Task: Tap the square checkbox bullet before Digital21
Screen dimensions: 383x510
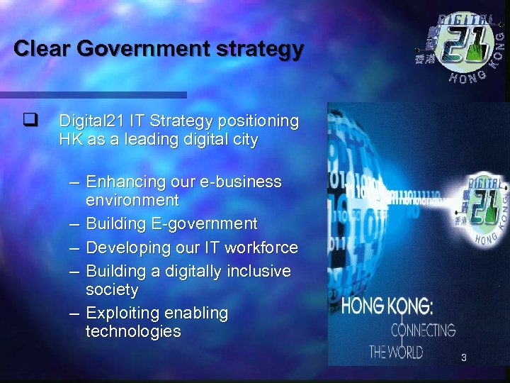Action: pos(29,121)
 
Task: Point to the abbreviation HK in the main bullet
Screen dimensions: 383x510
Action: pos(72,140)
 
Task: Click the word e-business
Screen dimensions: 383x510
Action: pos(242,182)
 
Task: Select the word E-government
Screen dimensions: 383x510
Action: pos(204,224)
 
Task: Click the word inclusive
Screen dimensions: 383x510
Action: pos(256,271)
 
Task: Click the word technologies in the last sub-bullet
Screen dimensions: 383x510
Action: pos(133,331)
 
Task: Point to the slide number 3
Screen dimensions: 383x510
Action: pos(463,358)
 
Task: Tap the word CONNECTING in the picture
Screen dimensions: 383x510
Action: pos(423,330)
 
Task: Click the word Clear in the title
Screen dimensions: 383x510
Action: pos(42,49)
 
